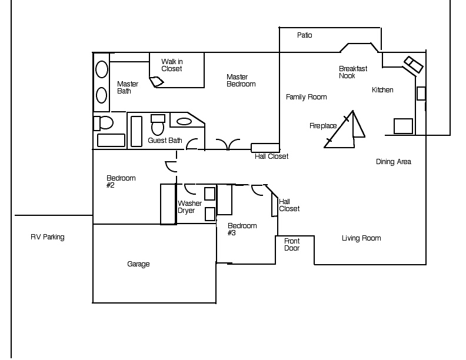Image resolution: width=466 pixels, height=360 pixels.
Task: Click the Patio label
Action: pyautogui.click(x=304, y=35)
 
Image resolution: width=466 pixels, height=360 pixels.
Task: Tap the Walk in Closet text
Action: pyautogui.click(x=172, y=65)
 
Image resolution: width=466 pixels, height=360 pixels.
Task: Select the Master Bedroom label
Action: pyautogui.click(x=241, y=81)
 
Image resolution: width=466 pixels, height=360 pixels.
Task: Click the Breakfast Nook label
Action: pyautogui.click(x=353, y=72)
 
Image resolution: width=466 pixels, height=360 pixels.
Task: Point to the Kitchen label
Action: pyautogui.click(x=382, y=89)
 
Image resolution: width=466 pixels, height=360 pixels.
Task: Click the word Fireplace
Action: pyautogui.click(x=323, y=126)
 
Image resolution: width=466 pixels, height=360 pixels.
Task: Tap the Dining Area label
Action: pyautogui.click(x=394, y=162)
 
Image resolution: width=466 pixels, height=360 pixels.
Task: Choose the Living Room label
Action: pyautogui.click(x=361, y=238)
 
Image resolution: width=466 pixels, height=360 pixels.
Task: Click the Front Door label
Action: pyautogui.click(x=292, y=245)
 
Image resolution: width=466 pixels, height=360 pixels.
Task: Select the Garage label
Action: pyautogui.click(x=138, y=264)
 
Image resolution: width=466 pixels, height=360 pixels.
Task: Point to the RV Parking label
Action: pyautogui.click(x=47, y=237)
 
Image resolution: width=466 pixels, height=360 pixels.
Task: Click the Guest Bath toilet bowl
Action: pyautogui.click(x=158, y=128)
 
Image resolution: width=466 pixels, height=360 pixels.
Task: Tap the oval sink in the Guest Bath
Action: pyautogui.click(x=184, y=121)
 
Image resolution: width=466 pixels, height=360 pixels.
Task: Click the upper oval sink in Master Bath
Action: pyautogui.click(x=102, y=69)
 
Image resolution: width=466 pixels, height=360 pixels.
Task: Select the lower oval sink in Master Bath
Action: pyautogui.click(x=101, y=95)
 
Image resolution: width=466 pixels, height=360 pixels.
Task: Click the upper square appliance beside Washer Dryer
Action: pyautogui.click(x=210, y=194)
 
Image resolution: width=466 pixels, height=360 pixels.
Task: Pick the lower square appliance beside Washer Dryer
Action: pyautogui.click(x=210, y=214)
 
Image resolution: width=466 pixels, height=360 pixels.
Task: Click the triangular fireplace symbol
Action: pyautogui.click(x=344, y=129)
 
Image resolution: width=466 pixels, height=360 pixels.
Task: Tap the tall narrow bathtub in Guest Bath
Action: pyautogui.click(x=137, y=131)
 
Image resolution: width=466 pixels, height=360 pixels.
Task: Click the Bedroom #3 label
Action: pyautogui.click(x=242, y=229)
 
